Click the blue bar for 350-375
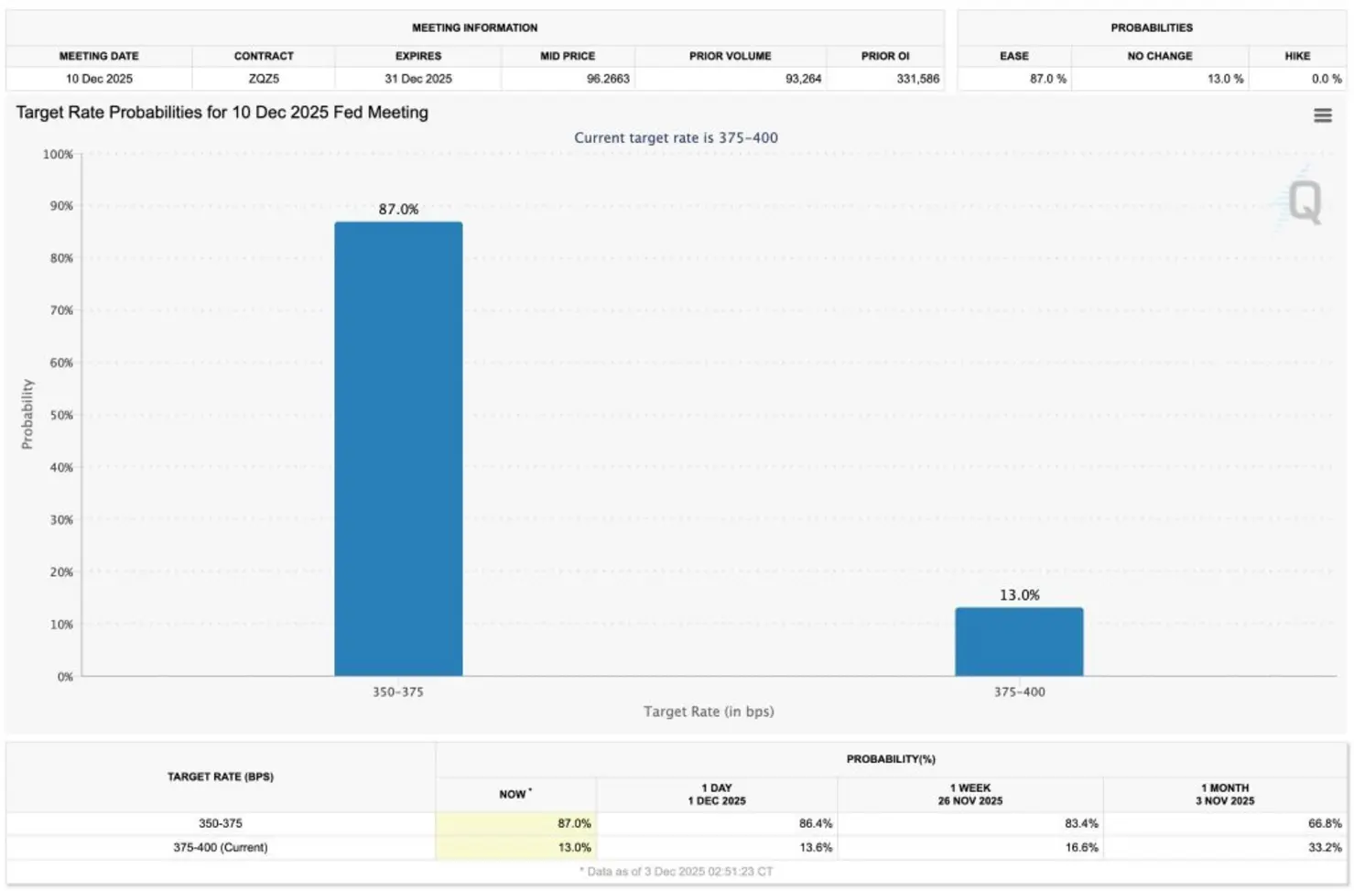[x=398, y=449]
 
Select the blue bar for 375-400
[x=1019, y=642]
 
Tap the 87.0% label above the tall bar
[x=398, y=210]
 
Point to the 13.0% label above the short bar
[x=1019, y=595]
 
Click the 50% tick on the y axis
[x=60, y=415]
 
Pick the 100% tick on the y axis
[x=58, y=154]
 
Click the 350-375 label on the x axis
[x=397, y=692]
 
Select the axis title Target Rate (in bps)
[x=708, y=712]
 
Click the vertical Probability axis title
[x=27, y=414]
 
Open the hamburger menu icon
[x=1322, y=115]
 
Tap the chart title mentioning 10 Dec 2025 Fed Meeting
[x=222, y=113]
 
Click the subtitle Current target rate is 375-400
[x=676, y=137]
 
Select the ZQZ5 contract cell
[x=264, y=79]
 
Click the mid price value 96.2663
[x=608, y=79]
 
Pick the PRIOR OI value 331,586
[x=917, y=79]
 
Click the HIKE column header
[x=1296, y=56]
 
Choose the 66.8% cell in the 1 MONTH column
[x=1324, y=823]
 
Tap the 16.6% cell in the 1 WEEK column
[x=1080, y=847]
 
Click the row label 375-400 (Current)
[x=220, y=847]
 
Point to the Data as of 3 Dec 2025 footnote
[x=677, y=872]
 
